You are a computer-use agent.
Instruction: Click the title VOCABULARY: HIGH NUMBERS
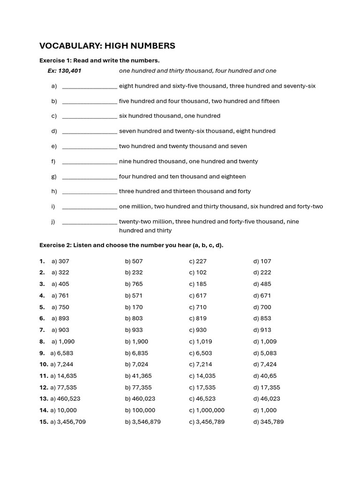(107, 45)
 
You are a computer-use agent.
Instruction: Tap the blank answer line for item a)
(89, 86)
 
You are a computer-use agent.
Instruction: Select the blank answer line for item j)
(89, 222)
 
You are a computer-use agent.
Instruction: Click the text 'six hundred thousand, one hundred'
(169, 116)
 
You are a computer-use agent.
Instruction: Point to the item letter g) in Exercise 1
(54, 177)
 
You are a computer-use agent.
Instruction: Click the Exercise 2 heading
(131, 245)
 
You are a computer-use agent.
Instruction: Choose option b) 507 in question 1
(134, 261)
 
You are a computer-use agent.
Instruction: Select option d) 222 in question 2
(262, 272)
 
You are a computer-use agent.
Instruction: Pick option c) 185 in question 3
(198, 284)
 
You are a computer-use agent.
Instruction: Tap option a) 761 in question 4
(60, 296)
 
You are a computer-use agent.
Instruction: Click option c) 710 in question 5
(198, 307)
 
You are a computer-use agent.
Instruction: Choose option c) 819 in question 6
(198, 318)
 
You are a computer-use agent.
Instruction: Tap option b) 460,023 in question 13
(140, 399)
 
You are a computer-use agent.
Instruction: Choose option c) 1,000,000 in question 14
(207, 410)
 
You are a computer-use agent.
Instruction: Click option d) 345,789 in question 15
(268, 422)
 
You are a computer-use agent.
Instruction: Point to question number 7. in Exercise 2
(42, 330)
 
